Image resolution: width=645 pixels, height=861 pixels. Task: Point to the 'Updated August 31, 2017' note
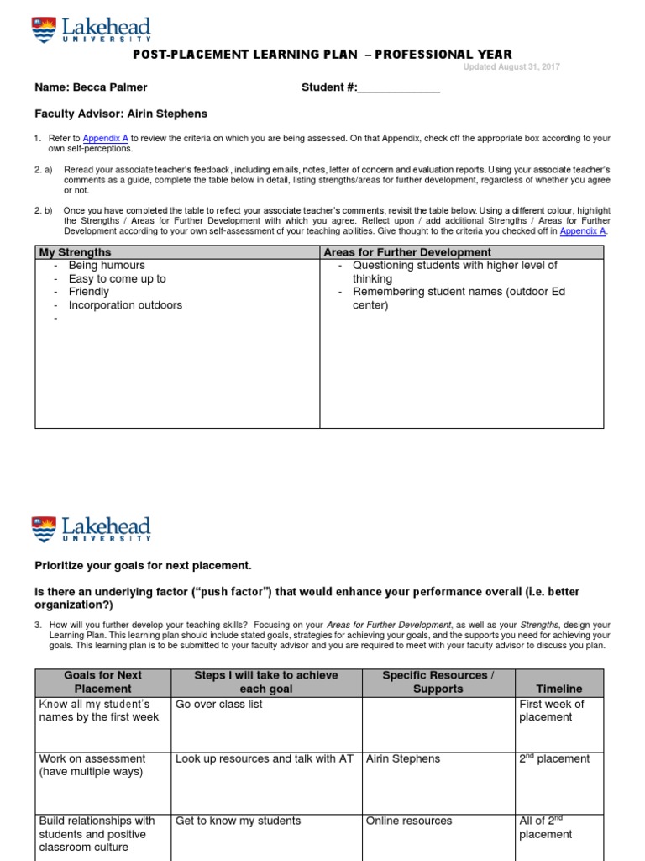(x=511, y=67)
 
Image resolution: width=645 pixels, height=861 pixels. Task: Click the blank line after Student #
(x=399, y=87)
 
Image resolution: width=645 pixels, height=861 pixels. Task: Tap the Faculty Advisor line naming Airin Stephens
(x=120, y=114)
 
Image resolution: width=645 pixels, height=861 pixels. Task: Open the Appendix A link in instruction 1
(x=104, y=138)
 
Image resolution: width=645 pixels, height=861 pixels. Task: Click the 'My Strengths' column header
(x=76, y=252)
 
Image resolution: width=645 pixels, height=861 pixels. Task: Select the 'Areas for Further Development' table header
(x=408, y=252)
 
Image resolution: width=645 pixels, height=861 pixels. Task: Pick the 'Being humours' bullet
(x=107, y=266)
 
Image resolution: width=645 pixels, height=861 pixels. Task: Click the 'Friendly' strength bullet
(x=89, y=292)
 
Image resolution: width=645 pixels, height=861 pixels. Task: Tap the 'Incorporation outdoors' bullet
(x=125, y=305)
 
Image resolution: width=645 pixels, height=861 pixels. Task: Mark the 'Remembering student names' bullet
(x=459, y=292)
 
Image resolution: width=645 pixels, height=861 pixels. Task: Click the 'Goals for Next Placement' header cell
(x=102, y=682)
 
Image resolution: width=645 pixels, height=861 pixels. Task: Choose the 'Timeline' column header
(x=559, y=689)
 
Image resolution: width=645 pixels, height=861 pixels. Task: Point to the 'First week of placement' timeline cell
(x=552, y=710)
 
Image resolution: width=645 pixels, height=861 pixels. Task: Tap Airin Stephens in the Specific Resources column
(x=403, y=759)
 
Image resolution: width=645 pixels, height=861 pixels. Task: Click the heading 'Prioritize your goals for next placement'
(x=143, y=565)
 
